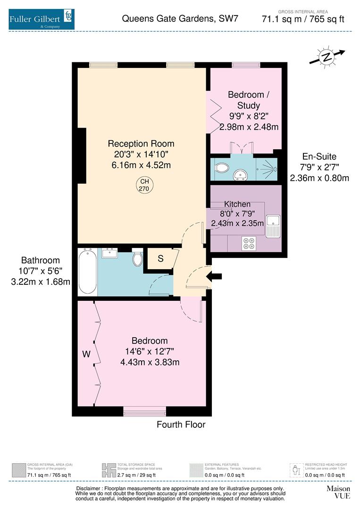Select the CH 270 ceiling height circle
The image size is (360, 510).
pyautogui.click(x=144, y=185)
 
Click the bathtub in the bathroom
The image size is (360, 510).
pyautogui.click(x=87, y=272)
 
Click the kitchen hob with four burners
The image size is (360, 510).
pyautogui.click(x=248, y=243)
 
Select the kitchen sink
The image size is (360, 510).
pyautogui.click(x=273, y=226)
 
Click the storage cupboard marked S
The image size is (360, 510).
pyautogui.click(x=160, y=259)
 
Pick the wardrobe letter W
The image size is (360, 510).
pyautogui.click(x=86, y=353)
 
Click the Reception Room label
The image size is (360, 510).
pyautogui.click(x=141, y=144)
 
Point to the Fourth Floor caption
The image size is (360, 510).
pyautogui.click(x=181, y=425)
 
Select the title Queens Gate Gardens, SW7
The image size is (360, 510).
pyautogui.click(x=180, y=19)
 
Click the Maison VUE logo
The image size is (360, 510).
pyautogui.click(x=338, y=492)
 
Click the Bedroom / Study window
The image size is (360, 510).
pyautogui.click(x=245, y=65)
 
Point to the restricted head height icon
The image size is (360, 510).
pyautogui.click(x=296, y=470)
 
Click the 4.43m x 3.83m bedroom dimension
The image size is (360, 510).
pyautogui.click(x=150, y=362)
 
